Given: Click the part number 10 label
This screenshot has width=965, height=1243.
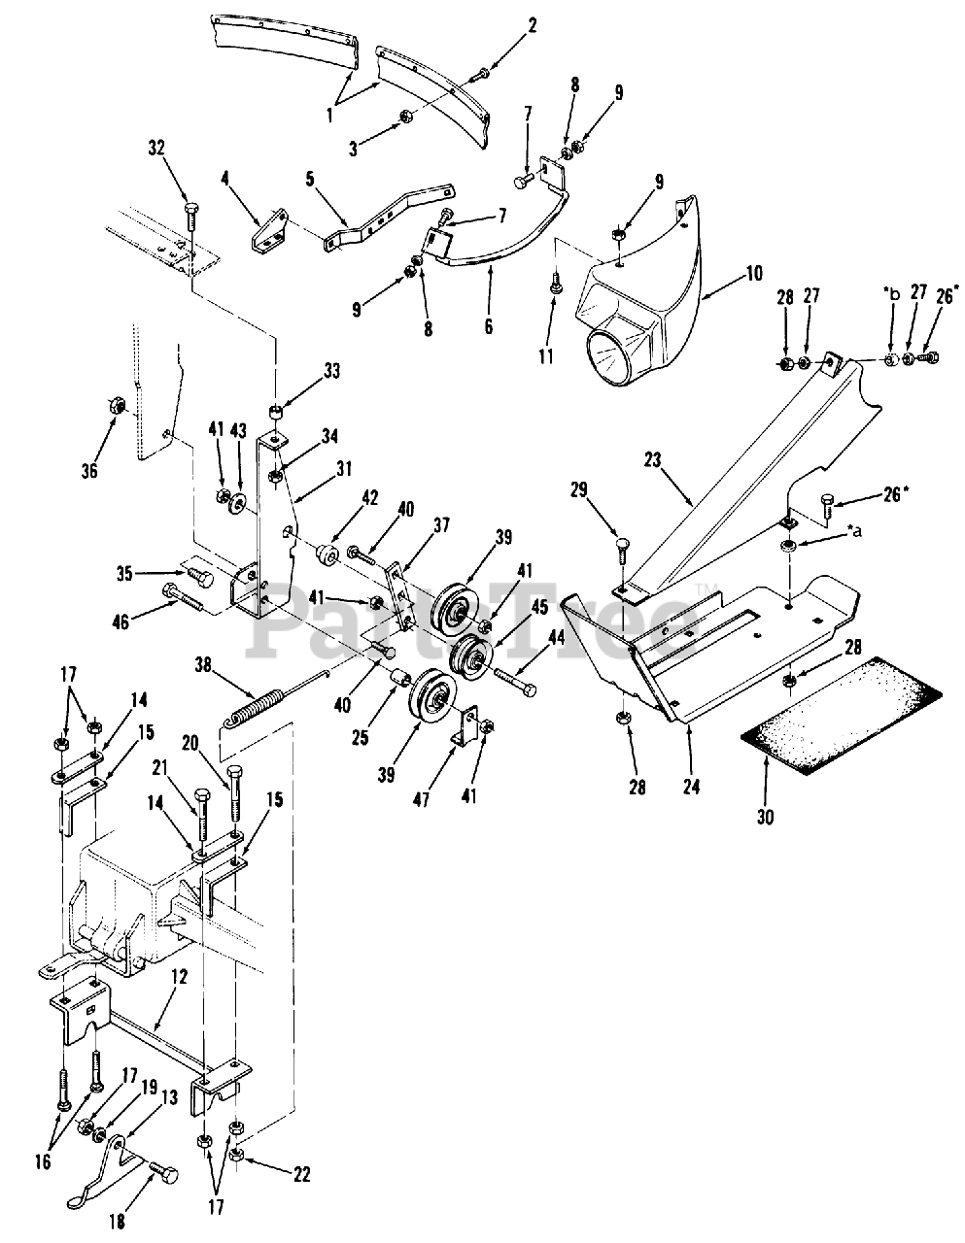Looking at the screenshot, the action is coord(754,274).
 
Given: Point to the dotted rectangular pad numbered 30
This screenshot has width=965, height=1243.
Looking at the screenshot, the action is coord(842,716).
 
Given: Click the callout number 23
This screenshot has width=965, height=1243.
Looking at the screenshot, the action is coord(653,460).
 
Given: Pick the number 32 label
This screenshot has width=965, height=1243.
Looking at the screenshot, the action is coord(155,149).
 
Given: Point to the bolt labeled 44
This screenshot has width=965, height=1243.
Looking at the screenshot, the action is coord(516,682).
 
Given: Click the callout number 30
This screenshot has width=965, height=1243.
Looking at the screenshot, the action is coord(765,817).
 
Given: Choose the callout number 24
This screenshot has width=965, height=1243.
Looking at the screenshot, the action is coord(691,788).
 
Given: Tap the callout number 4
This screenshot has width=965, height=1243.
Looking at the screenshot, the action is coord(225,179).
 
